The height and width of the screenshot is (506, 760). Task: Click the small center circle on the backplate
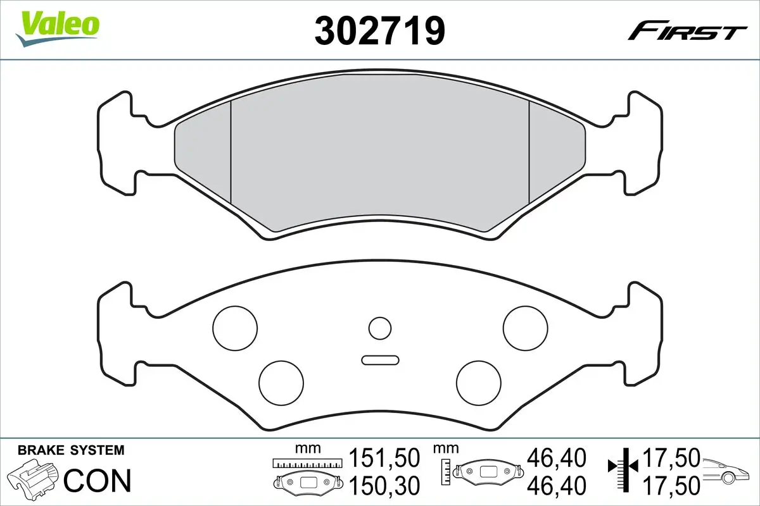coord(380,328)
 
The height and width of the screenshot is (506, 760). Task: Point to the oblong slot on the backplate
coord(380,359)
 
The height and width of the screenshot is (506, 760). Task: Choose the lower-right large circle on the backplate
coord(479,383)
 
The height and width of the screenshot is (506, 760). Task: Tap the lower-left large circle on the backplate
coord(282,383)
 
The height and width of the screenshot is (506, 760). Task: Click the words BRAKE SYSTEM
coord(71,450)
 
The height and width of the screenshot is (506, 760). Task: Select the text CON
coord(98,480)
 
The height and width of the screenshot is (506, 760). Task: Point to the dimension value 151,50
coord(385,457)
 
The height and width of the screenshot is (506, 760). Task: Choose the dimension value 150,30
coord(385,485)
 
